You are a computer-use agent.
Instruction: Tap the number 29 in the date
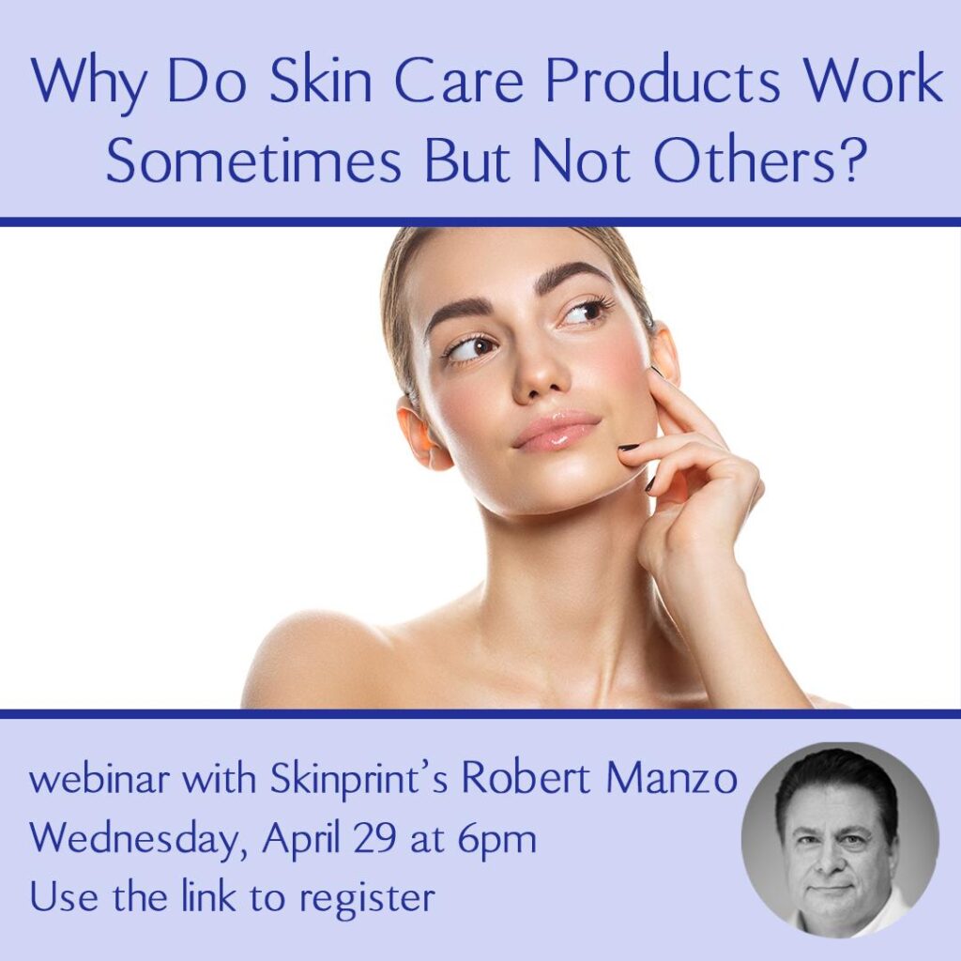374,839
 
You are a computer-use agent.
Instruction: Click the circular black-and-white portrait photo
840,840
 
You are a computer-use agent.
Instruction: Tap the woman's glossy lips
556,430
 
